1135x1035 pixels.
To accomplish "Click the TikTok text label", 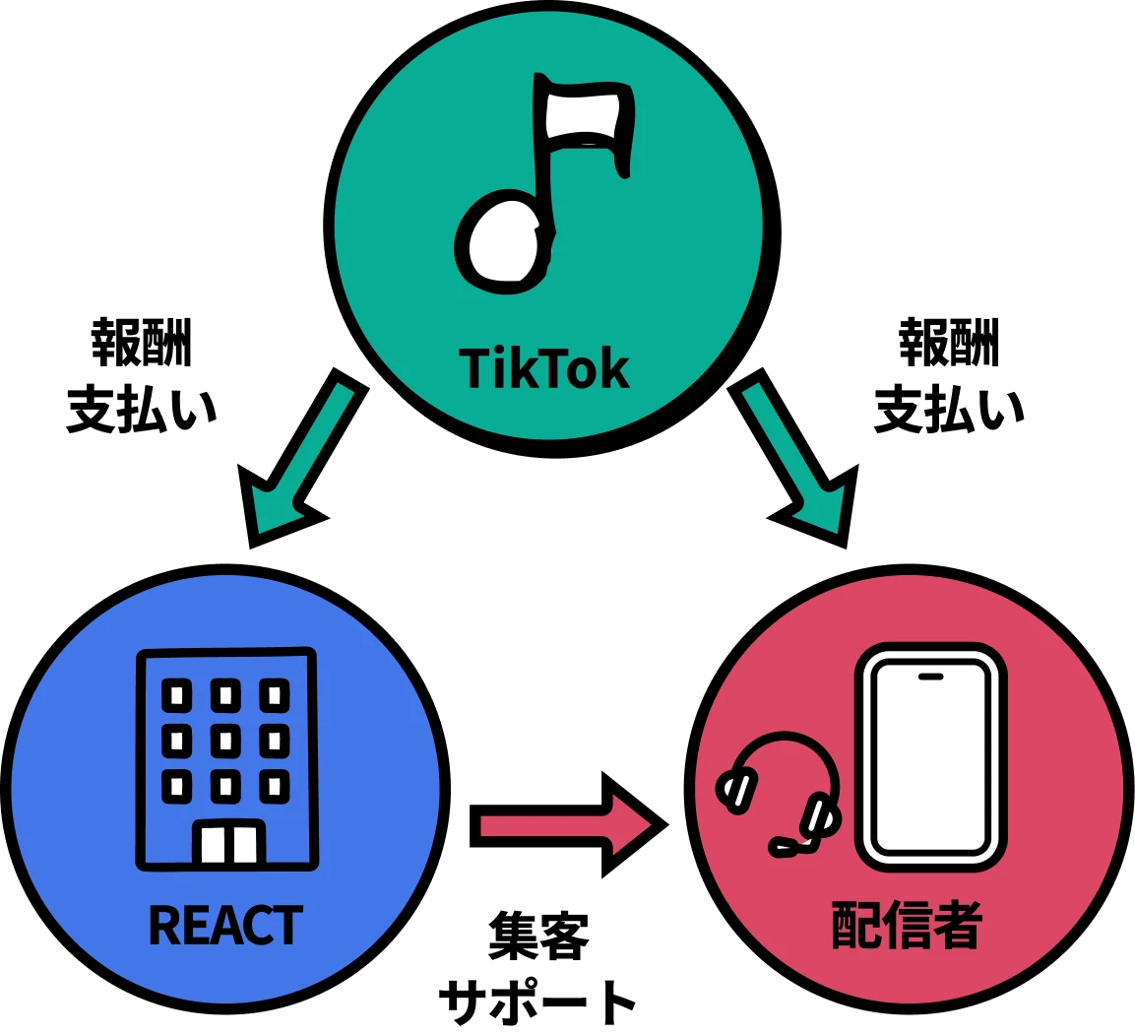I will click(x=544, y=369).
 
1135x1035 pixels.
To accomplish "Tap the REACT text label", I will click(x=225, y=926).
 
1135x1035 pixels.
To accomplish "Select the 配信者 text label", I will click(x=907, y=926).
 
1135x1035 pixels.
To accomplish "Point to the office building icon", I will click(x=227, y=758).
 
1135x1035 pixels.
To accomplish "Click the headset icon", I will click(x=784, y=793).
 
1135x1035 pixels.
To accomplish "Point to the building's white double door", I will click(x=228, y=843).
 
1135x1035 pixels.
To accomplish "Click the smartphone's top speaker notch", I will click(x=930, y=677).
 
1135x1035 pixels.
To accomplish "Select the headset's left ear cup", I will click(x=737, y=790).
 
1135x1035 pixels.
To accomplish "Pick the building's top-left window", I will click(x=177, y=695).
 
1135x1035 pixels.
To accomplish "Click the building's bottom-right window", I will click(x=275, y=786).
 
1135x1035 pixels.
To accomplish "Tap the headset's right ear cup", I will click(x=819, y=815).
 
